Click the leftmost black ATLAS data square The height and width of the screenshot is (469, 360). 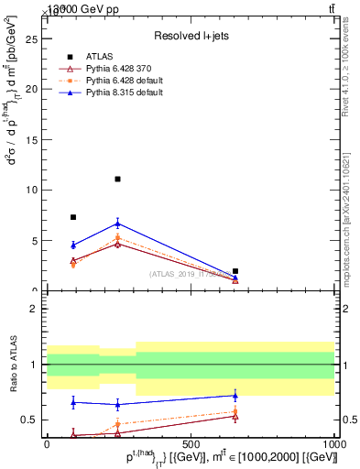point(73,217)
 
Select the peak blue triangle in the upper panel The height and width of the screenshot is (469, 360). point(117,223)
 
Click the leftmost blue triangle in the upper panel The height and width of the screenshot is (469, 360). point(73,245)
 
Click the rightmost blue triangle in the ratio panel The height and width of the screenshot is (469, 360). point(235,396)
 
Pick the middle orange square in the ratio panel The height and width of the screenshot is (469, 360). point(117,424)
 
